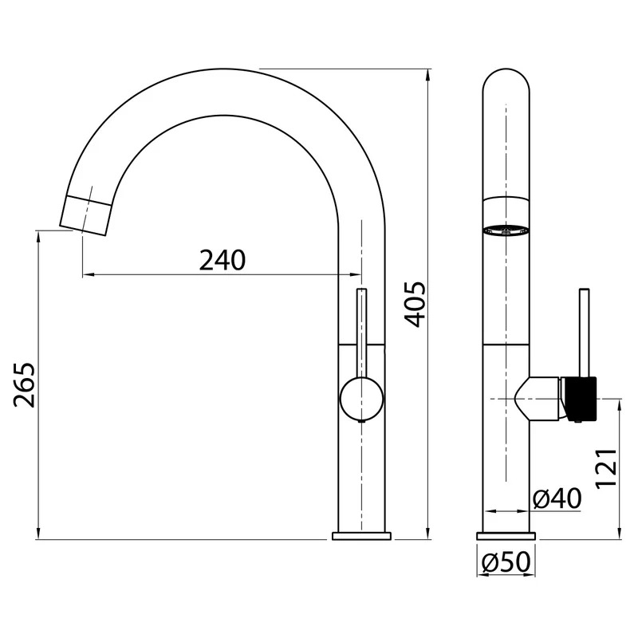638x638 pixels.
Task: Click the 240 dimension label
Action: [223, 261]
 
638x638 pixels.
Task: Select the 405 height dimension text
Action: [415, 305]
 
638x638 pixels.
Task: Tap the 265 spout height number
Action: [25, 384]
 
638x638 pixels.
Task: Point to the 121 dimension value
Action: [606, 468]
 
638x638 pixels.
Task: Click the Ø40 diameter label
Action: [557, 498]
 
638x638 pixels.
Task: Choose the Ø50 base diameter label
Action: [506, 562]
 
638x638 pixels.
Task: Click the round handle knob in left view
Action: [361, 398]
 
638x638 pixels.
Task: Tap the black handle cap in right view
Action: [580, 399]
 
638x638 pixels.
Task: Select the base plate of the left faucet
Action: [361, 536]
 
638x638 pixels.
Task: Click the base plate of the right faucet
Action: [506, 536]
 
